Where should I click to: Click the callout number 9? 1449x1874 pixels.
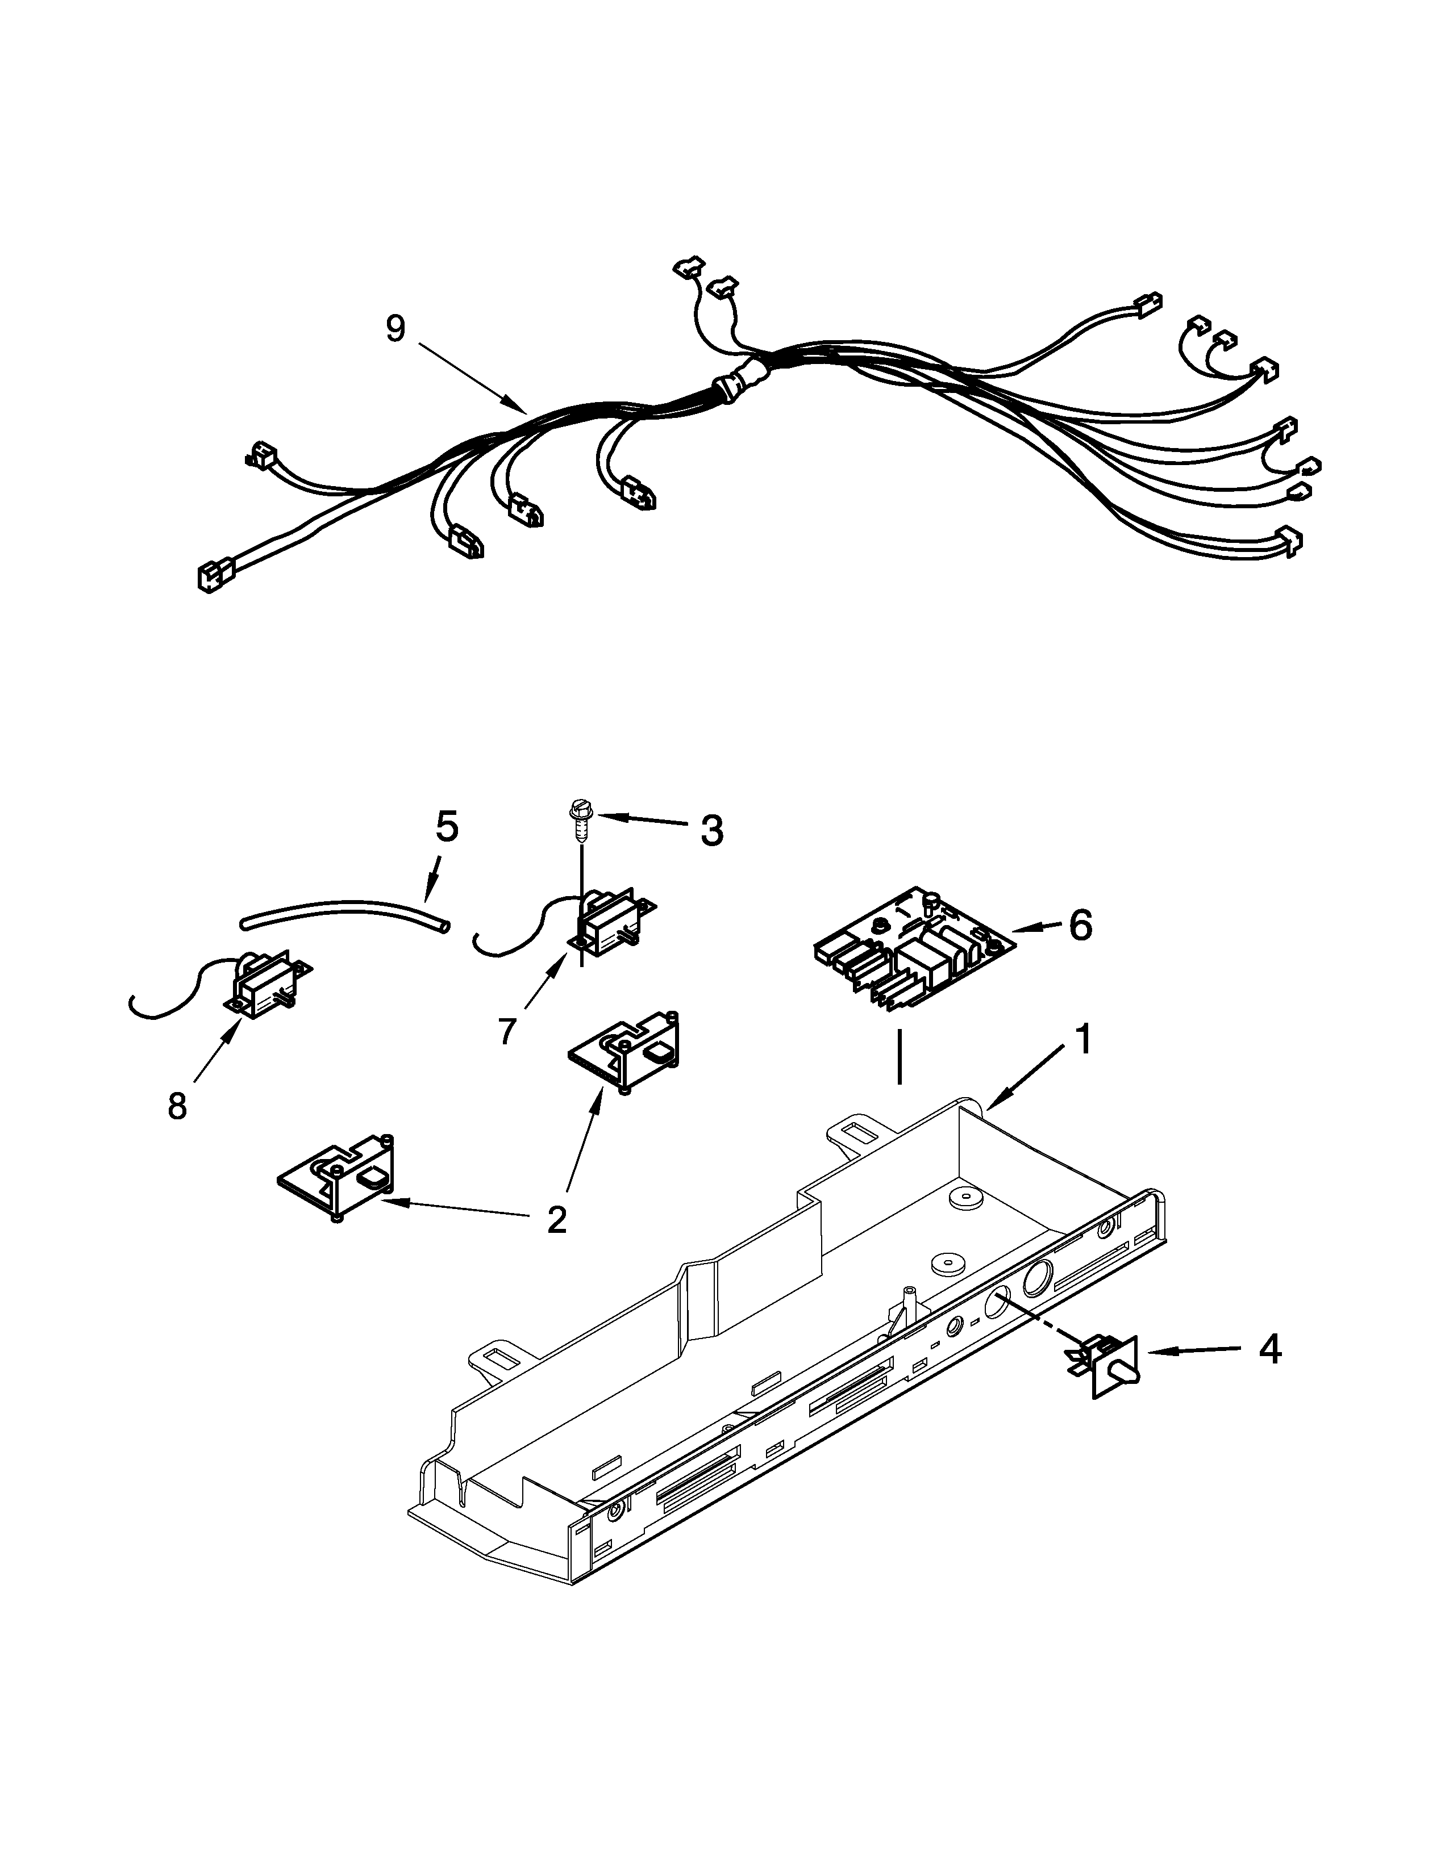point(395,329)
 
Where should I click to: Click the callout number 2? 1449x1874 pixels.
point(556,1219)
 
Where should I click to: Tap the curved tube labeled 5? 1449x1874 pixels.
point(343,917)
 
